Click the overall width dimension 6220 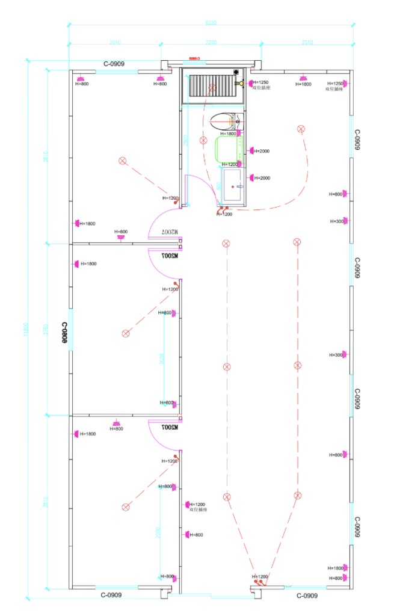(x=211, y=23)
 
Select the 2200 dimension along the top (x=211, y=43)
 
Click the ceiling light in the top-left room (x=123, y=161)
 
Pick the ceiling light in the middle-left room (x=126, y=333)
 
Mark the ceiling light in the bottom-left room (x=126, y=507)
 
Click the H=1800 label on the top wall (x=303, y=84)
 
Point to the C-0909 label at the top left (x=114, y=63)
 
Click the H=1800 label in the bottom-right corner (x=335, y=568)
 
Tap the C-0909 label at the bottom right (x=307, y=596)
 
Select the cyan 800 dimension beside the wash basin (x=218, y=186)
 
